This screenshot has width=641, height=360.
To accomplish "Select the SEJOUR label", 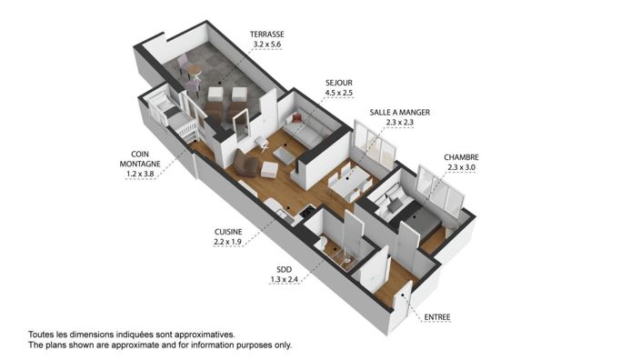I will (338, 82).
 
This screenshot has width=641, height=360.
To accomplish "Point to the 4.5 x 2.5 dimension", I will (338, 92).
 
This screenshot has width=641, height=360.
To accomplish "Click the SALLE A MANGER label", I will (399, 112).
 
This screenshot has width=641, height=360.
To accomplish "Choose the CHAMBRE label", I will (461, 156).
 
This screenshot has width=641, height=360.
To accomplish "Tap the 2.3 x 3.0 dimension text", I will (461, 167).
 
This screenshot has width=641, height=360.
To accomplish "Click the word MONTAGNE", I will (140, 164).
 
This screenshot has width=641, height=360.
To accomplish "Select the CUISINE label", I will (227, 232).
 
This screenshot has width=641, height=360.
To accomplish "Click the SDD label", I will (284, 269).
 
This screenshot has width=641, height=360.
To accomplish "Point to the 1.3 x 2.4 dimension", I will (284, 279).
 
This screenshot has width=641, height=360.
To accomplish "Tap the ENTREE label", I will (437, 317).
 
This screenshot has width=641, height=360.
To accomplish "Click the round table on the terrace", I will (194, 69).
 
